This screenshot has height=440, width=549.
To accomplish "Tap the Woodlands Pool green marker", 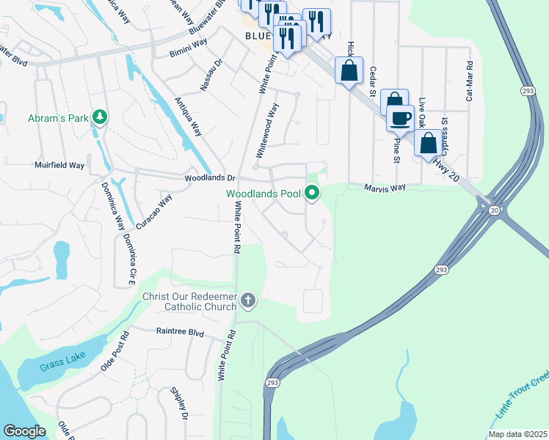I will pos(312,194).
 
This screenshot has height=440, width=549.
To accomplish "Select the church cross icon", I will pos(248,299).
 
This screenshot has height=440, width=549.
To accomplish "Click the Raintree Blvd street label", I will pos(180,331).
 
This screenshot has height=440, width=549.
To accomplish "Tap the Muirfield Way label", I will pos(59,166).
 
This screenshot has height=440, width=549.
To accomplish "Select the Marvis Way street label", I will pos(385,188).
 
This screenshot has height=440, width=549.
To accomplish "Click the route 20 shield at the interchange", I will pos(493,210).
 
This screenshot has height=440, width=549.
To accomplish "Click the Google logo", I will pos(24,431).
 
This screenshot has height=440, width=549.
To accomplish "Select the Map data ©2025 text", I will pos(517,434).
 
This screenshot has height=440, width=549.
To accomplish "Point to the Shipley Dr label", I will pos(180,404).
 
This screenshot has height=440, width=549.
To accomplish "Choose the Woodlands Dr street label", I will pos(210,178).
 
